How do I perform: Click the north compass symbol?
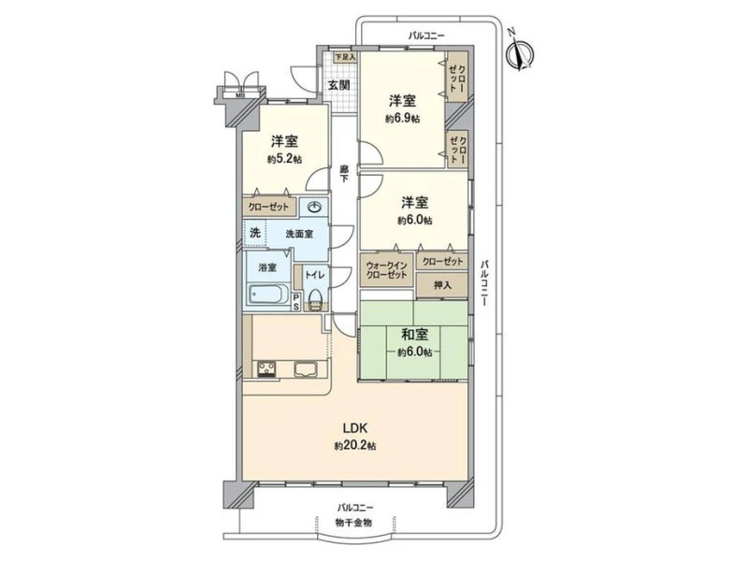pos(520,51)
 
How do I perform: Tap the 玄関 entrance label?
pos(338,85)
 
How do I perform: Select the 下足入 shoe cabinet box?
pos(344,57)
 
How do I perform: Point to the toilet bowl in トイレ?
pos(315,300)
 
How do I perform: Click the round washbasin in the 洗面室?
pos(315,207)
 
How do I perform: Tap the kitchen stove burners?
pos(266,368)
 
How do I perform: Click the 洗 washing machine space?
pos(255,233)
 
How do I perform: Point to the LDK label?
pos(354,426)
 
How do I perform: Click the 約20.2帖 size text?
pos(355,446)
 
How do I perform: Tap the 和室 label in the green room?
pos(414,334)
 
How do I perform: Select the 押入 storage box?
pos(441,285)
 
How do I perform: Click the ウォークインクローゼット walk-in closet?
pos(386,270)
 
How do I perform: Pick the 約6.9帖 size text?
pos(403,119)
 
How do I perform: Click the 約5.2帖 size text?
pos(285,159)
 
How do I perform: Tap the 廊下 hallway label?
pos(343,174)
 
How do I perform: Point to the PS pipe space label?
pos(296,302)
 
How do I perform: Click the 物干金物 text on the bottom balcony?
pos(353,523)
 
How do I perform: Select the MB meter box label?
pos(239,94)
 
